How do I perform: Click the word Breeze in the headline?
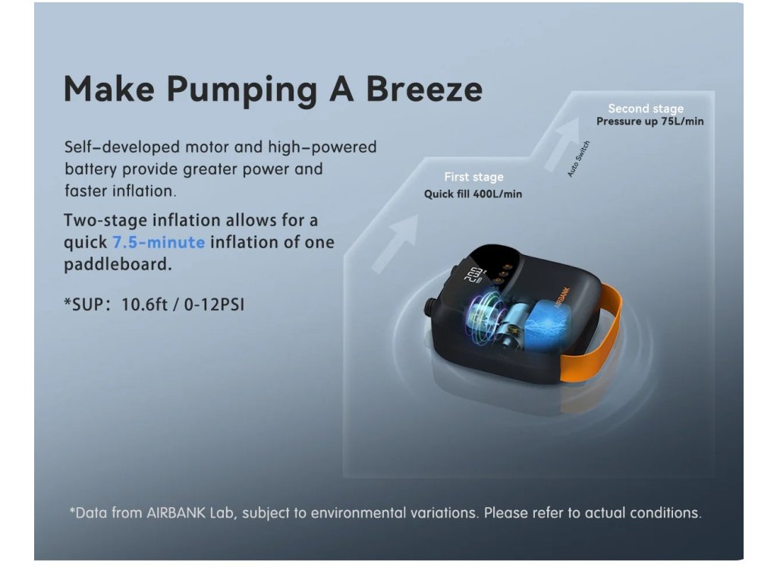(424, 90)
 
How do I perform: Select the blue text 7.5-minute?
(159, 242)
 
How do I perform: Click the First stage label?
(473, 177)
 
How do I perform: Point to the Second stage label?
(646, 108)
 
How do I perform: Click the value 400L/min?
(498, 194)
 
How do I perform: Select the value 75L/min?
(682, 121)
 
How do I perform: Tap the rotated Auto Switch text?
(578, 159)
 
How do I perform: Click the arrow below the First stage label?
(395, 244)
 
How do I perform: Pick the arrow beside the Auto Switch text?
(562, 144)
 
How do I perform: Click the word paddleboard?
(118, 264)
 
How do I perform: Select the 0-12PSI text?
(214, 304)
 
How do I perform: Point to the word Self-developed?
(122, 147)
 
